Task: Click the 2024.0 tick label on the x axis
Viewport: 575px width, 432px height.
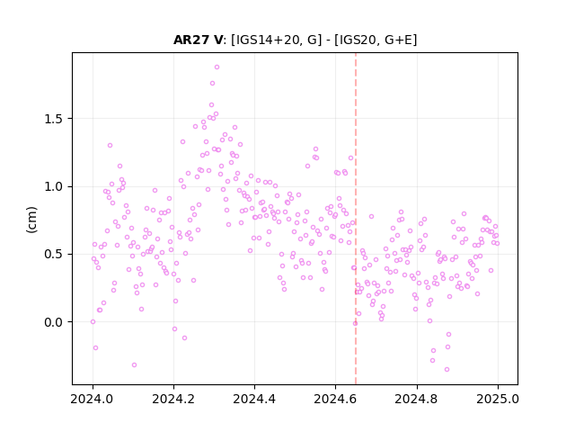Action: click(93, 399)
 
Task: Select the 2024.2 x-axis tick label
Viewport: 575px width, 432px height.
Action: click(173, 399)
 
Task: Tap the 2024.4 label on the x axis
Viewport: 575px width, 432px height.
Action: click(254, 399)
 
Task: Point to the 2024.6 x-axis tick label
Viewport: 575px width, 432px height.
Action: click(335, 399)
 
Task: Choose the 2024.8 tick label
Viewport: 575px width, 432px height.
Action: click(417, 399)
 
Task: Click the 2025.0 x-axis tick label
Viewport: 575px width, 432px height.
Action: click(498, 399)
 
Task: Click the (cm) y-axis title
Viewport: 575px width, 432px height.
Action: click(32, 220)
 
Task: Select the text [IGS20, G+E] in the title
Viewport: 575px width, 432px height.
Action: click(376, 40)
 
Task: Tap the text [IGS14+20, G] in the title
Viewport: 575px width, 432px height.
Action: click(276, 40)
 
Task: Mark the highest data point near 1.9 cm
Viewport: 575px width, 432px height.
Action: click(217, 67)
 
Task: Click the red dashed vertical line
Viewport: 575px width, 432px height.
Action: click(356, 219)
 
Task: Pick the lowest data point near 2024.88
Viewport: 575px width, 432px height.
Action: click(447, 370)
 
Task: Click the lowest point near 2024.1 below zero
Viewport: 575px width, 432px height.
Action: click(134, 365)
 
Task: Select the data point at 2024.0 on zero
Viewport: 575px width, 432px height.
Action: click(93, 322)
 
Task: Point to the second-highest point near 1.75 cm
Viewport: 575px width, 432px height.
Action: click(212, 84)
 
